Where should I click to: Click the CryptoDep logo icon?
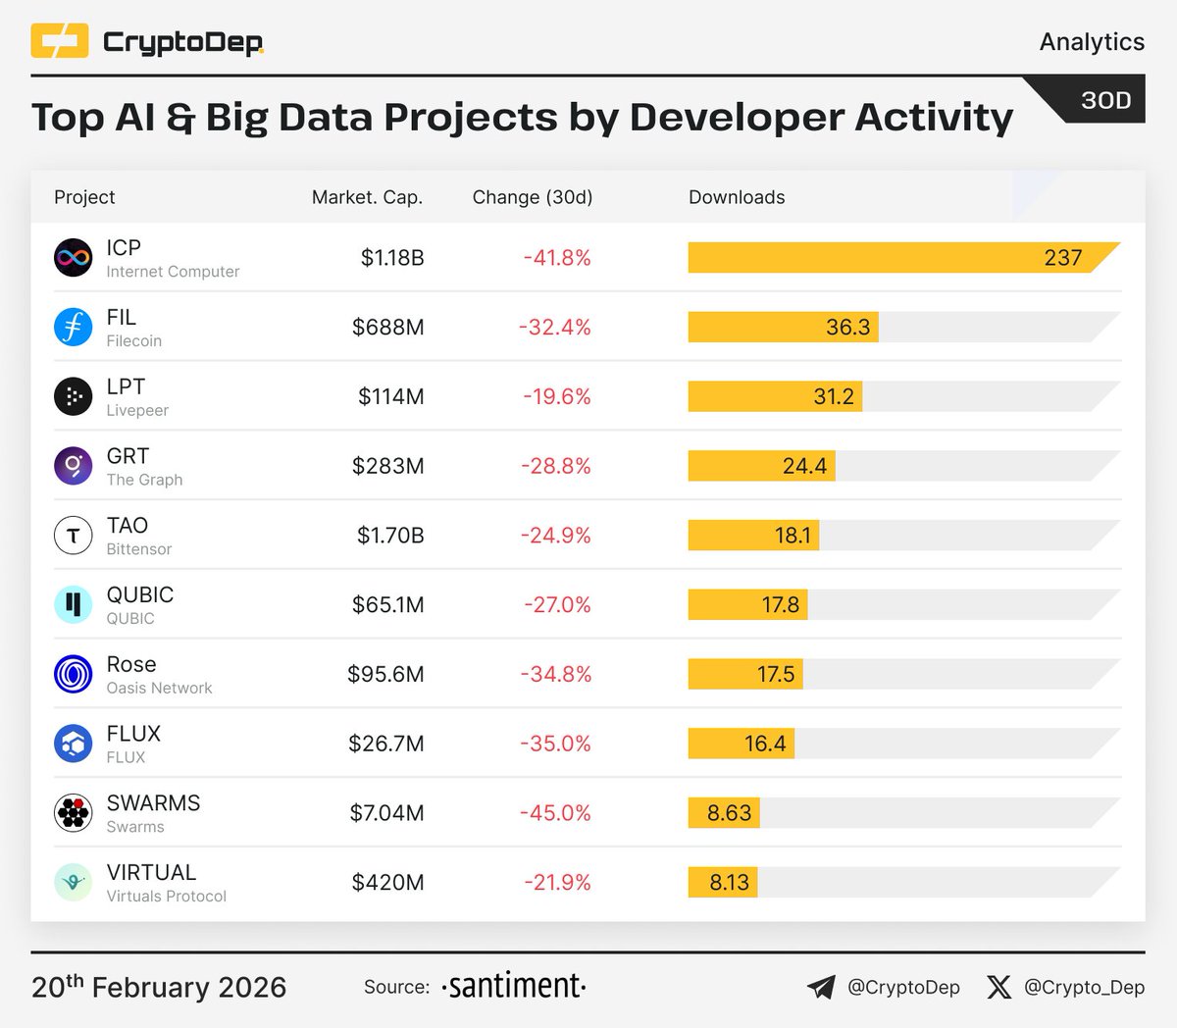pyautogui.click(x=60, y=41)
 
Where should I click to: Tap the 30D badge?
pyautogui.click(x=1105, y=100)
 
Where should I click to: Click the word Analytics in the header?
pyautogui.click(x=1092, y=41)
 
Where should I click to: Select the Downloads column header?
pyautogui.click(x=737, y=197)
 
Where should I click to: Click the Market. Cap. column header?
pyautogui.click(x=367, y=197)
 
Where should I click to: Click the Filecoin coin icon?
pyautogui.click(x=73, y=327)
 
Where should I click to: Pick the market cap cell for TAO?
pyautogui.click(x=390, y=536)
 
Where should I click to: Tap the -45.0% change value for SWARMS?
pyautogui.click(x=556, y=813)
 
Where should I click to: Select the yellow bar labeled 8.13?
pyautogui.click(x=722, y=883)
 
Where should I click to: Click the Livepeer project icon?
pyautogui.click(x=73, y=396)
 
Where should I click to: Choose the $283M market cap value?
pyautogui.click(x=388, y=466)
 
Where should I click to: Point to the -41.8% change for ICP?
pyautogui.click(x=557, y=258)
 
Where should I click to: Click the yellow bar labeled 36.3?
pyautogui.click(x=783, y=327)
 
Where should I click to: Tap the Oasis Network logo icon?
pyautogui.click(x=73, y=674)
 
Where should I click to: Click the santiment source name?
pyautogui.click(x=513, y=986)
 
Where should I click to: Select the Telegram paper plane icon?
pyautogui.click(x=821, y=987)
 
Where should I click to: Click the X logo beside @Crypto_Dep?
pyautogui.click(x=998, y=987)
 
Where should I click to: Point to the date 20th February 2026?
pyautogui.click(x=159, y=987)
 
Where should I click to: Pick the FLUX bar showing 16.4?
pyautogui.click(x=741, y=744)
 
